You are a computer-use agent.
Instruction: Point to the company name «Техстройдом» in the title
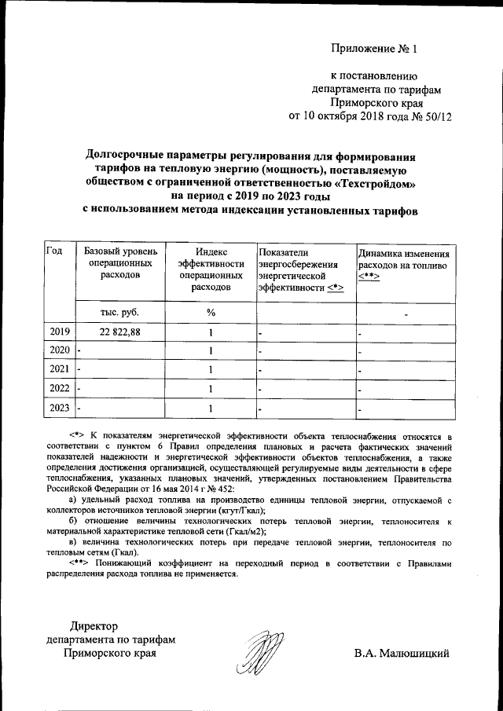coord(373,183)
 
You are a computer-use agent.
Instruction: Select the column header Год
coord(55,251)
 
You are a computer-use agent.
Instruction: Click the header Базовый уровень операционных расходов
coord(120,263)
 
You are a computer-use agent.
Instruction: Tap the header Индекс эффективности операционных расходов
coord(211,269)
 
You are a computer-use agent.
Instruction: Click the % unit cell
coord(211,312)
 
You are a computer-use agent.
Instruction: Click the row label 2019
coord(60,332)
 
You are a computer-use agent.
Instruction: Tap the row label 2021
coord(60,368)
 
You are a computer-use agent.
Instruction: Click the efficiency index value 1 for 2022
coord(211,388)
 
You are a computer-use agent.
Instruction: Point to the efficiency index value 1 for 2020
coord(211,350)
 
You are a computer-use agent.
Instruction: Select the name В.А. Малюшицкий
coord(401,653)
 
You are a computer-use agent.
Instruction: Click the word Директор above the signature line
coord(93,626)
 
